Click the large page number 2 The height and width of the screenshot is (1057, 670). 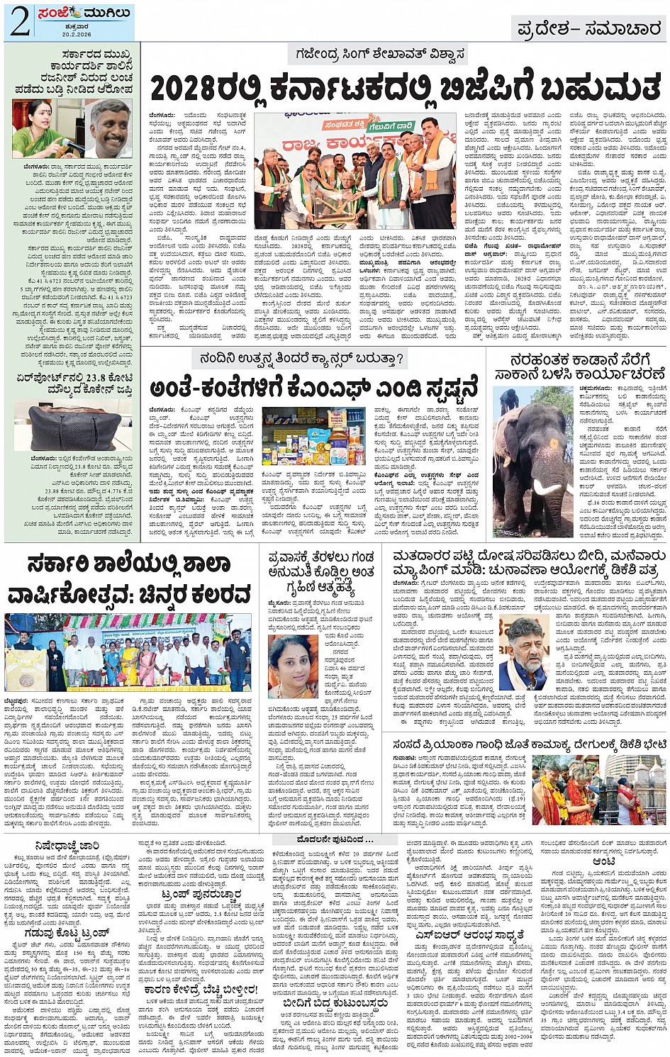19,22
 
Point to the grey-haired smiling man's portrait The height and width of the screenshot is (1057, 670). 109,128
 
